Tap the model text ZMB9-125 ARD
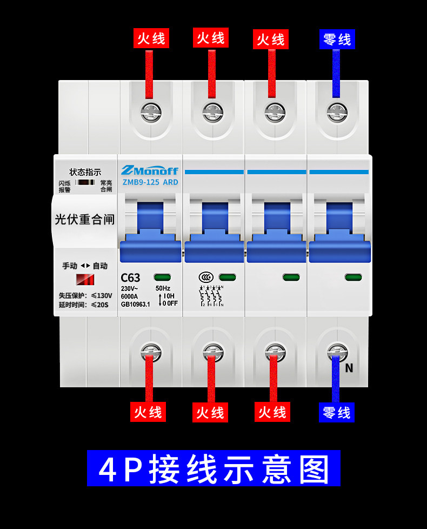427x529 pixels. (x=149, y=182)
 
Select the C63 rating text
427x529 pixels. (x=130, y=277)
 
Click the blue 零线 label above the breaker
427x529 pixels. (x=337, y=39)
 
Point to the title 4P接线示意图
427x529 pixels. (x=213, y=468)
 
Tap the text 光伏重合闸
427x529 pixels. (x=85, y=220)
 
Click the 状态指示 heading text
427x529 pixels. (x=85, y=172)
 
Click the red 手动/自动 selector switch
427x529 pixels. (x=85, y=280)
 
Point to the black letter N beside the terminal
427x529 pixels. (x=349, y=368)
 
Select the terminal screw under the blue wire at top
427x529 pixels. (x=336, y=113)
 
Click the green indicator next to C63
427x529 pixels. (x=162, y=277)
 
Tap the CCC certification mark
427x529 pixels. (x=206, y=277)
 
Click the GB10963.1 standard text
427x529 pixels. (x=136, y=304)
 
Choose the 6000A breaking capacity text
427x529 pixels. (x=130, y=296)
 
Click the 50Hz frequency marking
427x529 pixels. (x=163, y=288)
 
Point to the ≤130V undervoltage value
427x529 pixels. (x=101, y=296)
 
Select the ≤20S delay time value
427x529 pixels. (x=99, y=305)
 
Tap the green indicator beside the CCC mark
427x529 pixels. (x=228, y=277)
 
